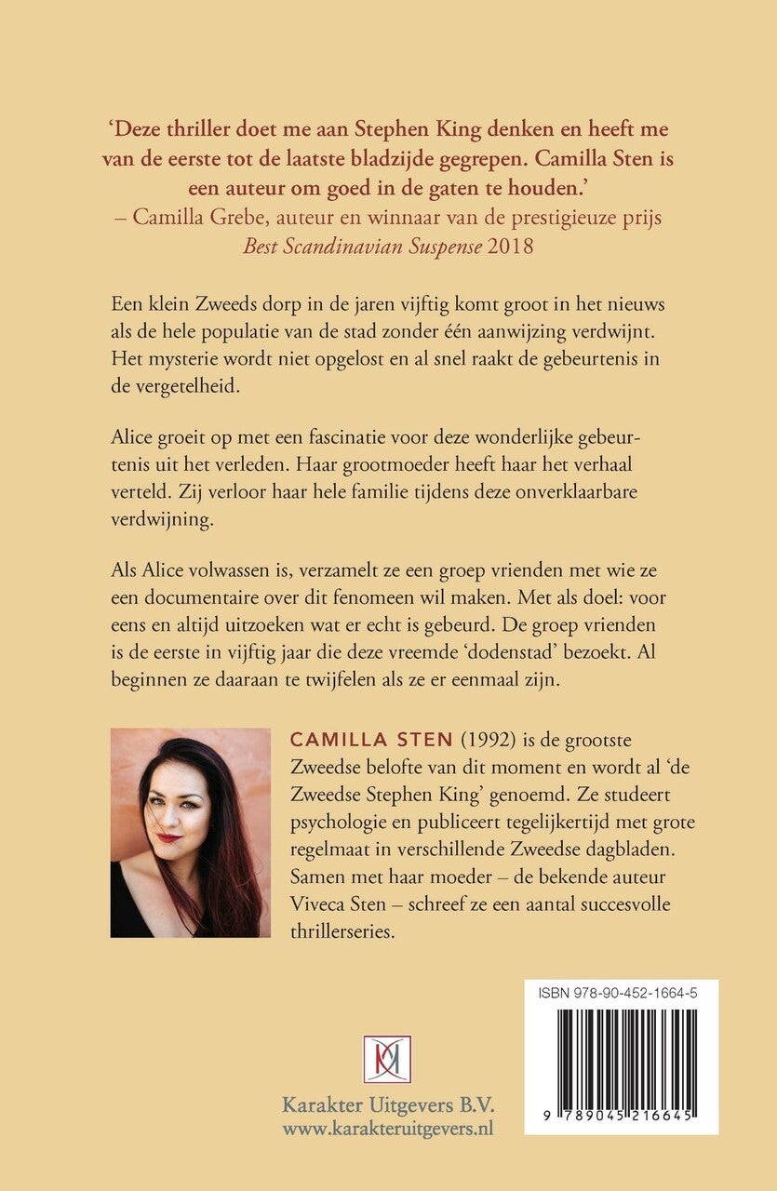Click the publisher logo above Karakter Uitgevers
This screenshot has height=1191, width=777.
387,1058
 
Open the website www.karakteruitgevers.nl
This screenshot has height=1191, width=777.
388,1130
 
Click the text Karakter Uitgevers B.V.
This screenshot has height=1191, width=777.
388,1106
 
